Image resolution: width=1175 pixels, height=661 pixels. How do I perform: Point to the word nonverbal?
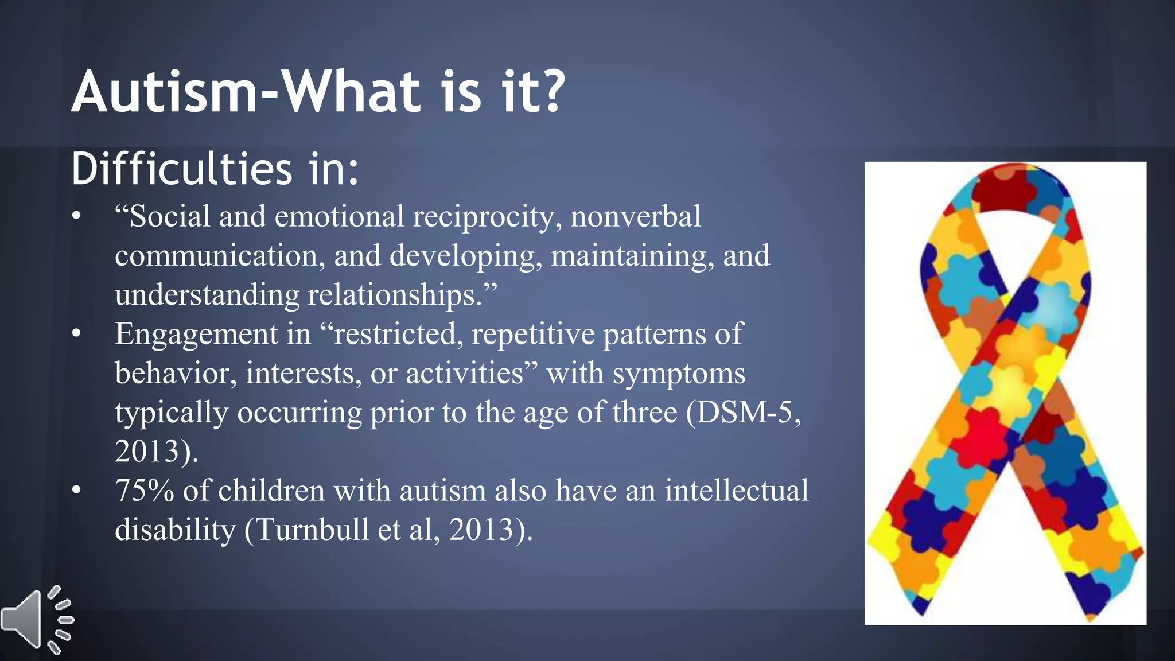pyautogui.click(x=635, y=217)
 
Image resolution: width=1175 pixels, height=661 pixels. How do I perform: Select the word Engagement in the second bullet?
pyautogui.click(x=196, y=334)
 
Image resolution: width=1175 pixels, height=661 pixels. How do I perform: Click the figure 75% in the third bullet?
pyautogui.click(x=144, y=491)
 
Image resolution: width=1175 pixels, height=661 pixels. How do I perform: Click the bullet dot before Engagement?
pyautogui.click(x=77, y=334)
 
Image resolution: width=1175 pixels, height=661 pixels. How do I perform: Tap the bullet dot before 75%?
pyautogui.click(x=77, y=491)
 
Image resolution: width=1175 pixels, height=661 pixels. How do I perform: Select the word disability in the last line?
pyautogui.click(x=175, y=529)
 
